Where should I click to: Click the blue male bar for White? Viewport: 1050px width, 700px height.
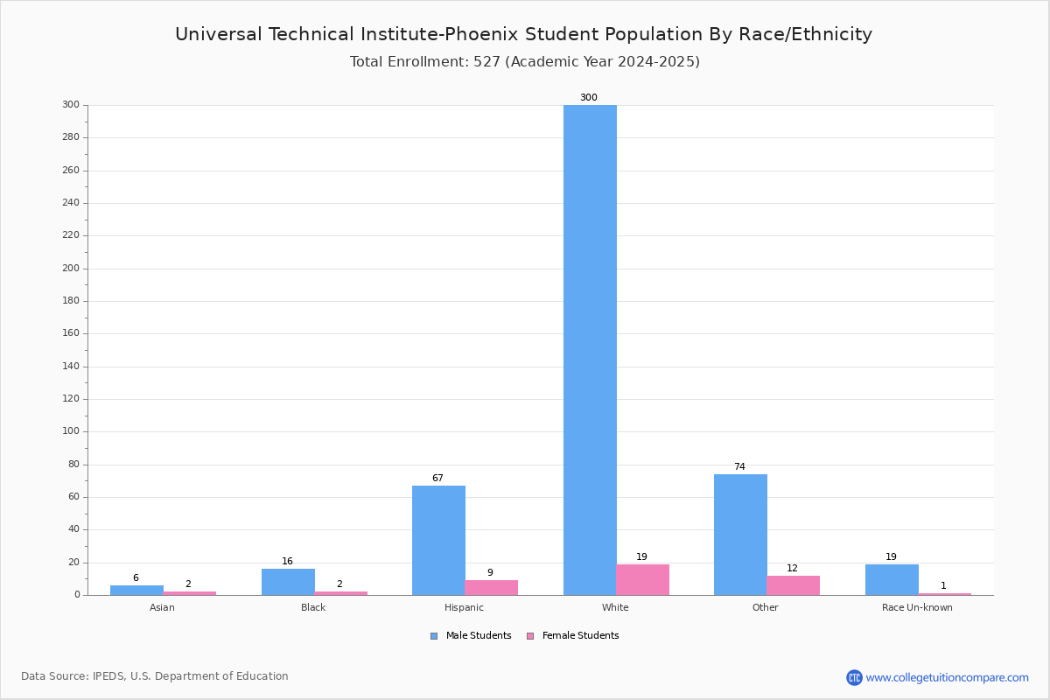pyautogui.click(x=590, y=350)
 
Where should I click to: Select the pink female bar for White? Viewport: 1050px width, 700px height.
pyautogui.click(x=642, y=580)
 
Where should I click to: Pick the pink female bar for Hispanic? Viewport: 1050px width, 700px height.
pyautogui.click(x=491, y=588)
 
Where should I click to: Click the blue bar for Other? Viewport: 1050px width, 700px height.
pyautogui.click(x=740, y=535)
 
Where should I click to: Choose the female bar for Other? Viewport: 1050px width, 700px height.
pyautogui.click(x=793, y=585)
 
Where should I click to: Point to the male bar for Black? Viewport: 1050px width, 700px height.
pyautogui.click(x=288, y=582)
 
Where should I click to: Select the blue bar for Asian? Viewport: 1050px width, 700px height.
pyautogui.click(x=136, y=591)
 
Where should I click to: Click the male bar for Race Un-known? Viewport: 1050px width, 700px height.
pyautogui.click(x=892, y=580)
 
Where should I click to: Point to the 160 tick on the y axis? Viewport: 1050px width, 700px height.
pyautogui.click(x=71, y=333)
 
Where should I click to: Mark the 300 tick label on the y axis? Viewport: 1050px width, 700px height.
pyautogui.click(x=71, y=105)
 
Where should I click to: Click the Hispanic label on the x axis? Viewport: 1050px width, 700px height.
pyautogui.click(x=464, y=608)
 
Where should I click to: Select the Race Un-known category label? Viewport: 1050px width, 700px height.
pyautogui.click(x=917, y=608)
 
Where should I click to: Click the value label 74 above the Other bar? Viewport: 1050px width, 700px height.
pyautogui.click(x=739, y=467)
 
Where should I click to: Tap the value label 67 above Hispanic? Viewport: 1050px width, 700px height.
pyautogui.click(x=437, y=479)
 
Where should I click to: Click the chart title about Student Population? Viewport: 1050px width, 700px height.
pyautogui.click(x=523, y=35)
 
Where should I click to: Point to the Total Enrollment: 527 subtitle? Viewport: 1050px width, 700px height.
pyautogui.click(x=524, y=62)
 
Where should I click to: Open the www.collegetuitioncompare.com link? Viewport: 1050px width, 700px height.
pyautogui.click(x=947, y=677)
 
